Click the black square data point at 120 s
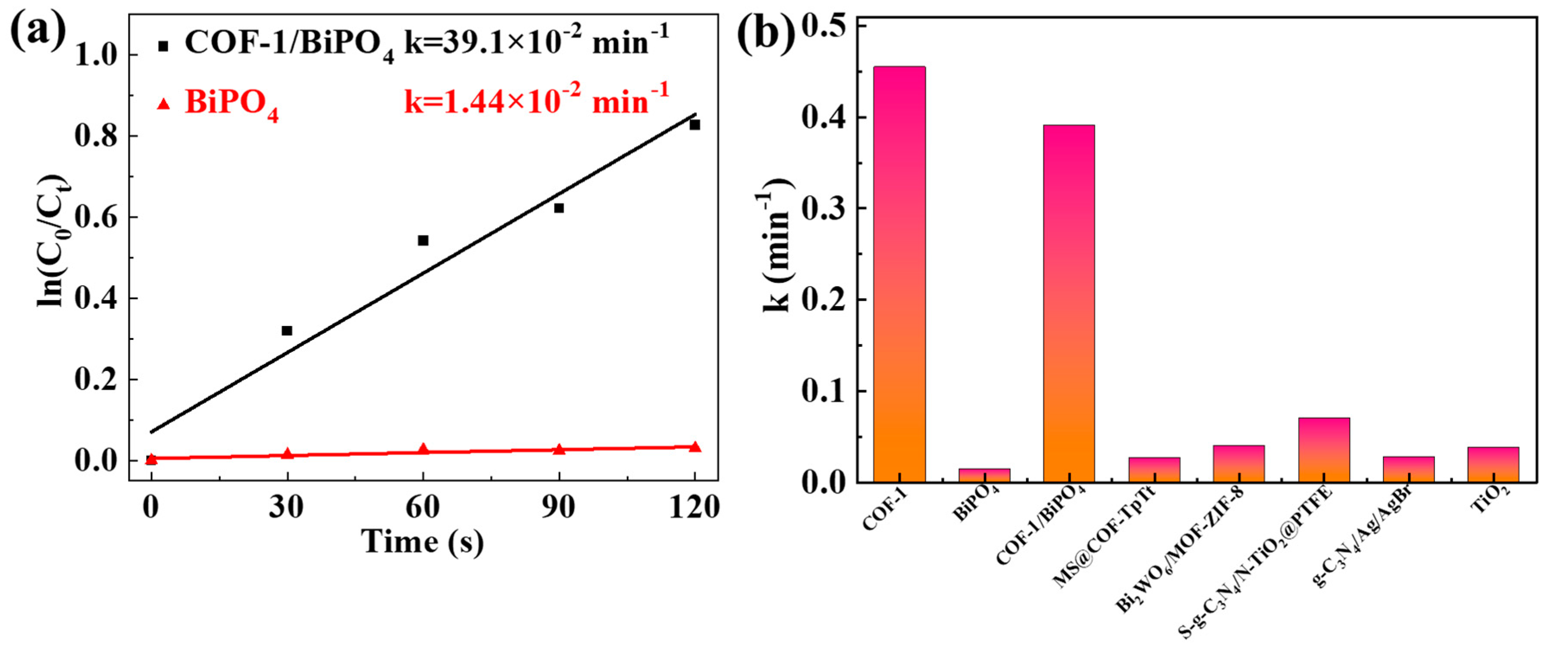(x=694, y=125)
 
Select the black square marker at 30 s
(x=287, y=330)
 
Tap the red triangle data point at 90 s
(x=559, y=449)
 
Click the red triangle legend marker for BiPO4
(x=163, y=104)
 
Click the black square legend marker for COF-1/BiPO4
(x=163, y=46)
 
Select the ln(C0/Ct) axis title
(x=53, y=241)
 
